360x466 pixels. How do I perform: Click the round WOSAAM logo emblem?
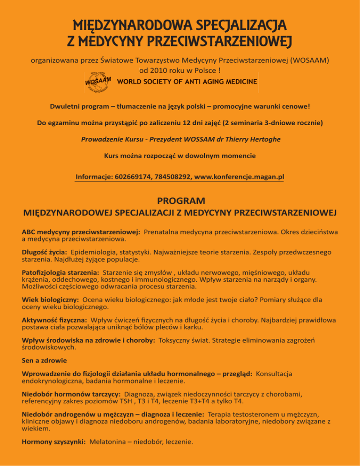[98, 82]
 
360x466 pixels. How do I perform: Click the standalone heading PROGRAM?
[180, 201]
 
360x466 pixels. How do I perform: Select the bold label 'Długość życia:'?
[44, 252]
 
